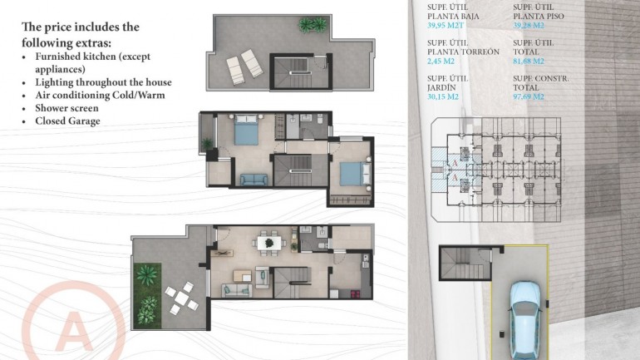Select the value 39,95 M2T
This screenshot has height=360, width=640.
pyautogui.click(x=447, y=25)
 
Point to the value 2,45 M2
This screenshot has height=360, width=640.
pyautogui.click(x=441, y=61)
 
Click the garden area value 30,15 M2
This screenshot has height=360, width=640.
pyautogui.click(x=443, y=96)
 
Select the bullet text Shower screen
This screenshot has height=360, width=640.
pyautogui.click(x=66, y=108)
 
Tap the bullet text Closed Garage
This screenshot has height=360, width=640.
pyautogui.click(x=68, y=121)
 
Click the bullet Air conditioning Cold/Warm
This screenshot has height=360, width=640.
pyautogui.click(x=100, y=95)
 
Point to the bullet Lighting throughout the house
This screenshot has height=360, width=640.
pyautogui.click(x=103, y=82)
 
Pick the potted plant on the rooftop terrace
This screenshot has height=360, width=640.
pyautogui.click(x=313, y=26)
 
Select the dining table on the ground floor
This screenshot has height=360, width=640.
pyautogui.click(x=268, y=243)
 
